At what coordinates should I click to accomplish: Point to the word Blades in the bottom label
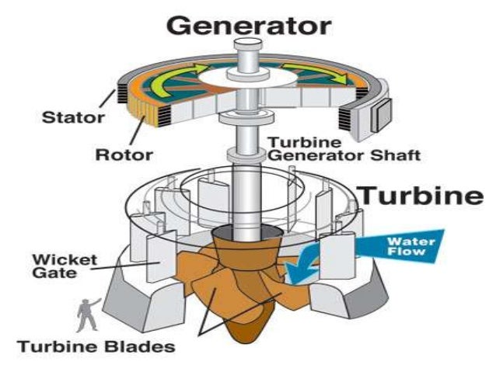tap(140, 346)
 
